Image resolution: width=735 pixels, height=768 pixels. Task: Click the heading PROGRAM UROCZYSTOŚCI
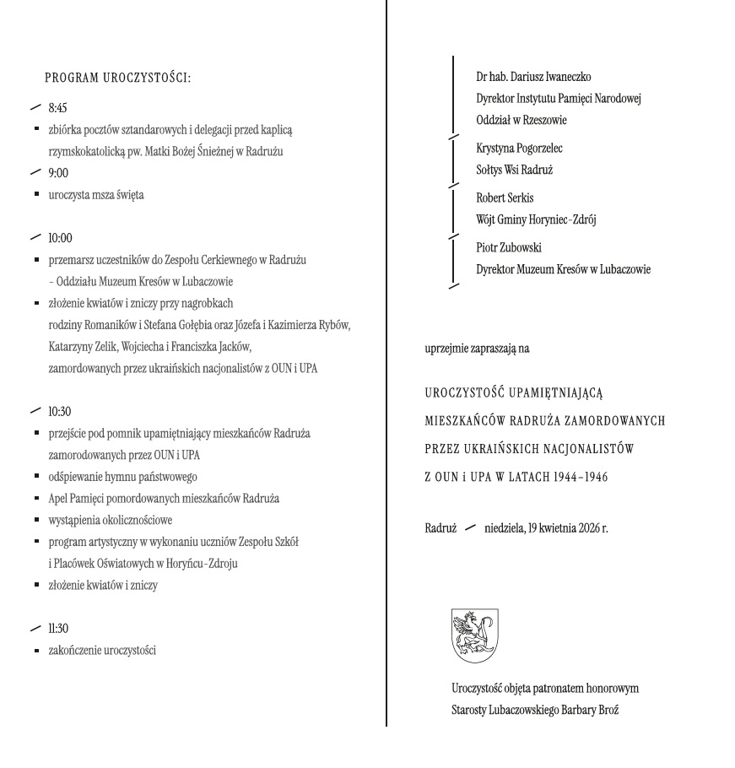point(117,78)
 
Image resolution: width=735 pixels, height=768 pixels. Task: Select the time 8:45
point(58,110)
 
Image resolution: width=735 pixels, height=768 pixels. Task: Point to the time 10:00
point(61,239)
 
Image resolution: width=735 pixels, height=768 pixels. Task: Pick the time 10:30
point(61,412)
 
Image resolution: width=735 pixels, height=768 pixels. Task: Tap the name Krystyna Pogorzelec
point(519,149)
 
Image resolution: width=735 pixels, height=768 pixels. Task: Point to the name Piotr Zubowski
point(509,247)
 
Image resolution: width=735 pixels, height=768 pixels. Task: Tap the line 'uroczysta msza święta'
point(96,196)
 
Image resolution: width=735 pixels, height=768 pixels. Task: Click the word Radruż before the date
point(441,528)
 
